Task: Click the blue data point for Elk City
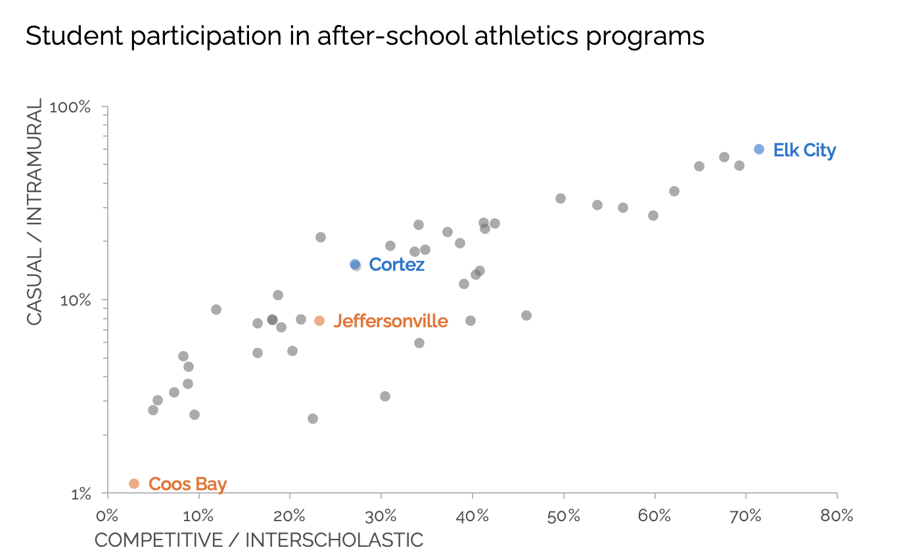point(759,149)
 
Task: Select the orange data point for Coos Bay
point(134,484)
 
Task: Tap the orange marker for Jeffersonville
point(319,321)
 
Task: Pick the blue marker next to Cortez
point(355,264)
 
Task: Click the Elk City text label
point(804,151)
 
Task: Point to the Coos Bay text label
point(187,484)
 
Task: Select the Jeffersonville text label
point(390,321)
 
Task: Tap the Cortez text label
point(396,265)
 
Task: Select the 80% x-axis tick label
point(837,516)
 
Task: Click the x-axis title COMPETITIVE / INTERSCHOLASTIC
point(259,540)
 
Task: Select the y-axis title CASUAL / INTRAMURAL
point(34,212)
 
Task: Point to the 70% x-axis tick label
point(745,516)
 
